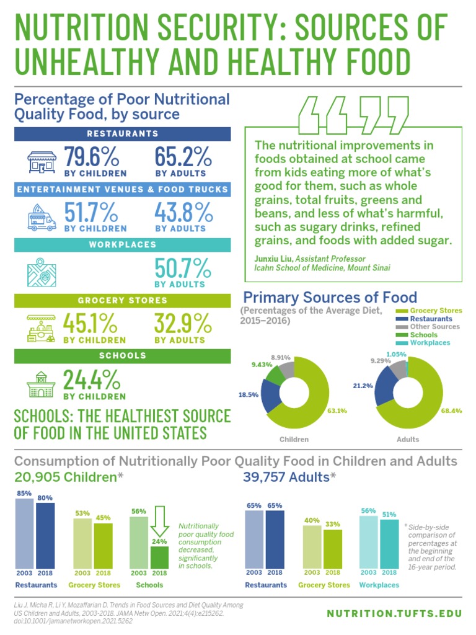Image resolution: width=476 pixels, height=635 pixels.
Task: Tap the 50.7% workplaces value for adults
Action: click(183, 269)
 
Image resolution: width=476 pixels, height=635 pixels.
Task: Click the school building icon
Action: click(42, 384)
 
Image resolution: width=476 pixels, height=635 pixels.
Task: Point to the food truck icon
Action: click(42, 218)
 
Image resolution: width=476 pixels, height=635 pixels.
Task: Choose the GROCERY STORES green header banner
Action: click(123, 301)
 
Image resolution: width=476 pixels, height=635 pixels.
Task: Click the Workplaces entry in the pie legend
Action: click(430, 343)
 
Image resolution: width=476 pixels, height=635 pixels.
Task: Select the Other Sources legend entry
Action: click(434, 327)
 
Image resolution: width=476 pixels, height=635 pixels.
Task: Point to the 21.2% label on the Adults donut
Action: click(364, 386)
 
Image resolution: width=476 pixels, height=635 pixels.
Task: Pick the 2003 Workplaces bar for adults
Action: click(369, 541)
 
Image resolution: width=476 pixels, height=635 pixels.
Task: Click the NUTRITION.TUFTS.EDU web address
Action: click(394, 613)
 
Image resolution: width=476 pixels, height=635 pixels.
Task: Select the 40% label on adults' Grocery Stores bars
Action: click(312, 520)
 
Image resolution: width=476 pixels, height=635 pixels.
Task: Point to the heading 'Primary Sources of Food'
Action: click(330, 297)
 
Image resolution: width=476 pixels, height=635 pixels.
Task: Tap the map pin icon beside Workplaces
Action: click(42, 273)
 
